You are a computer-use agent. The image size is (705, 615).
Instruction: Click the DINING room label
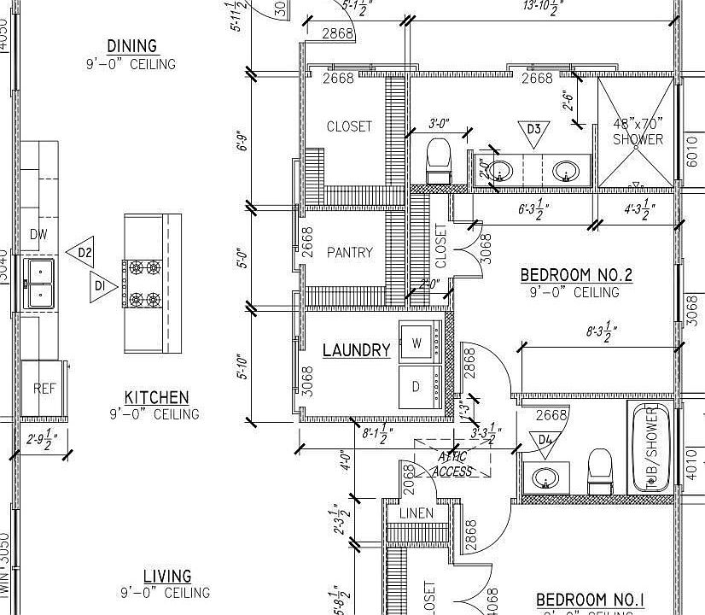click(x=131, y=46)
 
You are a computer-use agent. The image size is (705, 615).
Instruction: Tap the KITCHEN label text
click(x=157, y=397)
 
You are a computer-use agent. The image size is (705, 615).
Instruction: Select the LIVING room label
click(x=166, y=577)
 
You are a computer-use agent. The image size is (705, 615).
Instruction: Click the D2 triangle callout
click(x=82, y=253)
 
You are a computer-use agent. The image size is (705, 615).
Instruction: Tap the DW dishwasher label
click(x=38, y=235)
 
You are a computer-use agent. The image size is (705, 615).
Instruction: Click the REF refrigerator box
click(x=44, y=389)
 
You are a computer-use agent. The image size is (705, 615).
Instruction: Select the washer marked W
click(x=417, y=343)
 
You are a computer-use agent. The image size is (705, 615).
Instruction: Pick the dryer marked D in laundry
click(x=417, y=386)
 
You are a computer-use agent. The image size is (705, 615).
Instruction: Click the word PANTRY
click(x=350, y=253)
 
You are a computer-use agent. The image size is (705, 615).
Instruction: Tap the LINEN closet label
click(x=416, y=513)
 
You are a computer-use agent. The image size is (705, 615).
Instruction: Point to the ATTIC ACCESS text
click(x=452, y=464)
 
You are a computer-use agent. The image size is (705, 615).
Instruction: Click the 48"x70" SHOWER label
click(x=638, y=132)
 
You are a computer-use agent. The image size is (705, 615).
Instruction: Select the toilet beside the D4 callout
click(x=600, y=471)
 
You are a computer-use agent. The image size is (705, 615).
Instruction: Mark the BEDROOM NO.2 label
click(x=576, y=275)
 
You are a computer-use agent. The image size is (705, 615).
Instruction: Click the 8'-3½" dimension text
click(x=602, y=331)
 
